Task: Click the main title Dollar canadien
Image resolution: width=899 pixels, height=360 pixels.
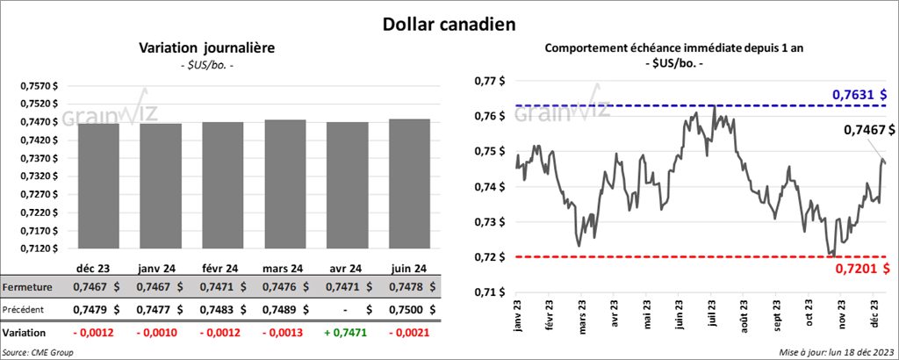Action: coord(448,22)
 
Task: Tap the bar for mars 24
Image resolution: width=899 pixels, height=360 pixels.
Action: coord(284,184)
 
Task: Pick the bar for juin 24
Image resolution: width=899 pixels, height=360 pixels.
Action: coord(409,184)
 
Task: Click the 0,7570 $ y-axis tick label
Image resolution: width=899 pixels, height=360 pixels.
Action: coord(40,86)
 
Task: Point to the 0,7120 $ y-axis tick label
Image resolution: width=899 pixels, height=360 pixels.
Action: coord(40,248)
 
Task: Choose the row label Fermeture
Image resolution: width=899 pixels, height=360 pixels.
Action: coord(27,287)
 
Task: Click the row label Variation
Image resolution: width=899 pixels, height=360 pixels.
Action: coord(25,334)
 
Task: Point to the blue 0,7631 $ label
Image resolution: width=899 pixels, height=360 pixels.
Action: coord(859,95)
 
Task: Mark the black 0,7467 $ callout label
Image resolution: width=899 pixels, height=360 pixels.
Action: coord(869,130)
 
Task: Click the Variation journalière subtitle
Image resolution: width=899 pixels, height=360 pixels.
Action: coord(208,48)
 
